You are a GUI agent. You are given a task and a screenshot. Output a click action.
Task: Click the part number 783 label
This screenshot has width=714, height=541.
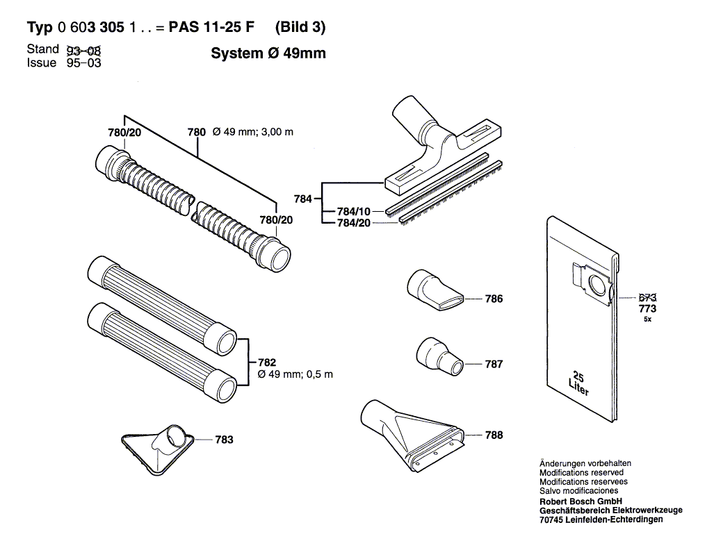[224, 440]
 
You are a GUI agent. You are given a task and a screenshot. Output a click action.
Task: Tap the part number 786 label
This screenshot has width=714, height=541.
[494, 299]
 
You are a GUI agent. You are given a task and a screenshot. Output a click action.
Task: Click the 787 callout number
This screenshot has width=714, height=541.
[494, 364]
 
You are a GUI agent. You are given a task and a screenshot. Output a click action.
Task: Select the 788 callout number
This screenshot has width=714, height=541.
[494, 435]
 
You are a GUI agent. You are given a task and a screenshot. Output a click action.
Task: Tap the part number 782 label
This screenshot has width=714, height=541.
[266, 363]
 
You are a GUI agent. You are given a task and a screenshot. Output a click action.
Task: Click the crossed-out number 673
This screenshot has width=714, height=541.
[647, 297]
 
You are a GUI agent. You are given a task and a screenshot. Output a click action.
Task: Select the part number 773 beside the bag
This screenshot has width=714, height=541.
[647, 308]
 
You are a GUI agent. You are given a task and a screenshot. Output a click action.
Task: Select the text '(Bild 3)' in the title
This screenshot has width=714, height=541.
[300, 28]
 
